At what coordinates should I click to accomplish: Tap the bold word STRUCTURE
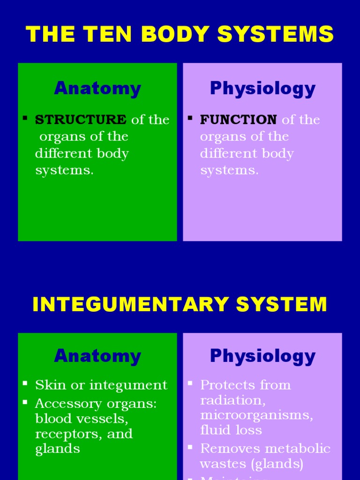[x=81, y=120]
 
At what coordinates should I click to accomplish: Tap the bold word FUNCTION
[x=238, y=120]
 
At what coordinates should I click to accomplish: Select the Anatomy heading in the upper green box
[x=97, y=88]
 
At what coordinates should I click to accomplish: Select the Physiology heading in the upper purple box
[x=262, y=88]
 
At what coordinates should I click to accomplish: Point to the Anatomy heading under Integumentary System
[x=97, y=356]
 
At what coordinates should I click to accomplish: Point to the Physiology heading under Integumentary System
[x=262, y=356]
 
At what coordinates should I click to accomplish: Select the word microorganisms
[x=256, y=415]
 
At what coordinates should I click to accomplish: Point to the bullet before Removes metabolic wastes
[x=190, y=447]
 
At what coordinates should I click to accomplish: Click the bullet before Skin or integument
[x=25, y=383]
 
